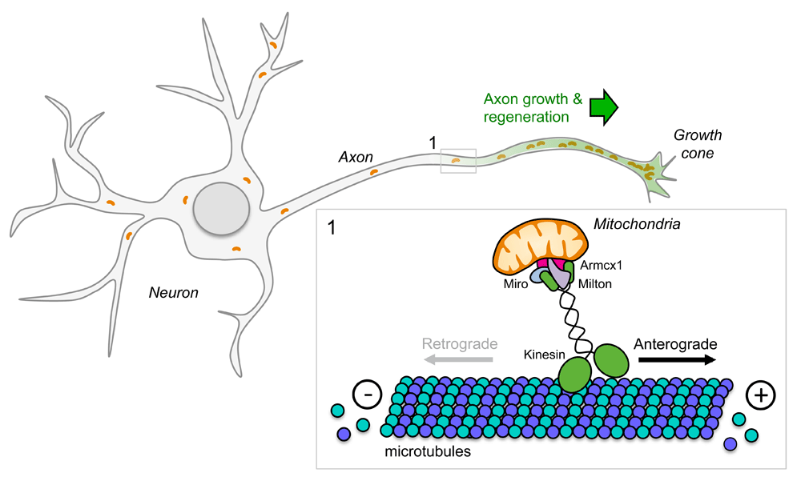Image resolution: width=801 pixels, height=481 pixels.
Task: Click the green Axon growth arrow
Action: point(604,107)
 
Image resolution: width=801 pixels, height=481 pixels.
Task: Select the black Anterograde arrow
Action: point(678,360)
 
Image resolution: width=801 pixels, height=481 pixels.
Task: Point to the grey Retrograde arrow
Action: point(458,360)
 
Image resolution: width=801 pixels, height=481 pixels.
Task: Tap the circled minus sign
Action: point(368,395)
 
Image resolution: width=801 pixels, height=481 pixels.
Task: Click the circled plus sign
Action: point(761,395)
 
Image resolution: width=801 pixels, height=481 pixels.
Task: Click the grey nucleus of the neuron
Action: point(221,209)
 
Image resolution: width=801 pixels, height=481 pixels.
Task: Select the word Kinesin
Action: point(544,355)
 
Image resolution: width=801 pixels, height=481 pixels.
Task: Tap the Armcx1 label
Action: point(601,266)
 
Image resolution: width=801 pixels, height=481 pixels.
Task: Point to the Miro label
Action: point(515,284)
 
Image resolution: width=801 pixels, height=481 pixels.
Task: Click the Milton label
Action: point(594,284)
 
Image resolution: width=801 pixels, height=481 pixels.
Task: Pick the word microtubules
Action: point(428,451)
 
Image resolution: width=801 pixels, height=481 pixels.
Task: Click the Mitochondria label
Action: point(637,224)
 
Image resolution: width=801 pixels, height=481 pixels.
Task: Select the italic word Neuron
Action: point(173,293)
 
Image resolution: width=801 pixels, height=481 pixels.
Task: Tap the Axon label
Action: point(356,158)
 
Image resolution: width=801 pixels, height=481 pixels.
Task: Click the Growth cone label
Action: point(698,144)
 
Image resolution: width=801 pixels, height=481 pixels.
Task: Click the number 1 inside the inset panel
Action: point(332,228)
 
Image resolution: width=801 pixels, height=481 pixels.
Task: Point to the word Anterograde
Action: point(675,345)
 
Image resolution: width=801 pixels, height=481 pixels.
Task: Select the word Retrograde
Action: point(460,344)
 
